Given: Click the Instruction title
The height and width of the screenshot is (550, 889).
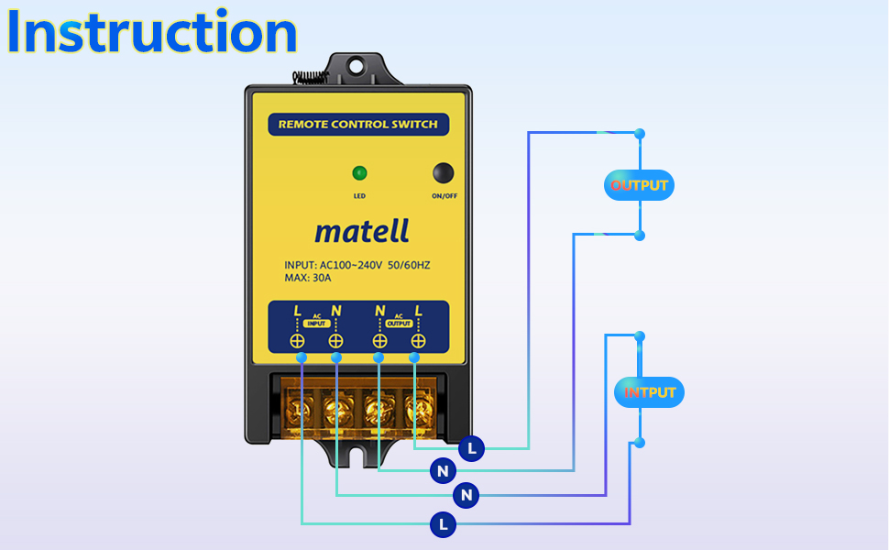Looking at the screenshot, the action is (152, 32).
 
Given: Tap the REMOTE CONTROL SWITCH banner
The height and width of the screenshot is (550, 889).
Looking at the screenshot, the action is (358, 124).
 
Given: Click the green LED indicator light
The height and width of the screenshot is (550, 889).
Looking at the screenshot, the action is (359, 173).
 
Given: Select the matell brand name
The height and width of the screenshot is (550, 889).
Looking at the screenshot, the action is (362, 231).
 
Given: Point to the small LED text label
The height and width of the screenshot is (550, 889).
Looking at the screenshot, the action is (359, 196).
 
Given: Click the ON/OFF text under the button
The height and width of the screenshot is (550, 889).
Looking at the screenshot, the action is (444, 196).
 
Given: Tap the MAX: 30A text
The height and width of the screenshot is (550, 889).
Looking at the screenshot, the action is (308, 278).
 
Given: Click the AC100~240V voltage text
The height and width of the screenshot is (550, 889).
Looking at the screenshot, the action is (351, 265).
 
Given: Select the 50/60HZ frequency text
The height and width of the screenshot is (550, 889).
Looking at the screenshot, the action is (409, 265).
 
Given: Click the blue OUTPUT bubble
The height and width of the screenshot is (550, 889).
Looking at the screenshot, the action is (639, 185).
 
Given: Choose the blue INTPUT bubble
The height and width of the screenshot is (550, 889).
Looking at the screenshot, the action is (649, 392).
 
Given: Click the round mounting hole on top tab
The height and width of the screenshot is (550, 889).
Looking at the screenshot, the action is (357, 66).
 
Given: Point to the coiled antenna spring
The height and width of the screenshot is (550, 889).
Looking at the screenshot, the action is (310, 77).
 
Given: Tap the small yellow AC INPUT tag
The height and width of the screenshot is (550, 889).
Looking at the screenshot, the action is (316, 324).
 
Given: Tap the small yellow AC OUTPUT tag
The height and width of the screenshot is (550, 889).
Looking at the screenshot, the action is (399, 324).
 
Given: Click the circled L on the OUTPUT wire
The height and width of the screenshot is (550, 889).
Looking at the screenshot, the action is (471, 449).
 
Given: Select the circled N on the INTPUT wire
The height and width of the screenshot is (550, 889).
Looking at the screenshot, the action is (466, 495).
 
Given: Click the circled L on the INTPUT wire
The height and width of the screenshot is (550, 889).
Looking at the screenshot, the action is (443, 524).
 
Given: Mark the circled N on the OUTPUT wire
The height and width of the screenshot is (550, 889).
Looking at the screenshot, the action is (443, 470).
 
